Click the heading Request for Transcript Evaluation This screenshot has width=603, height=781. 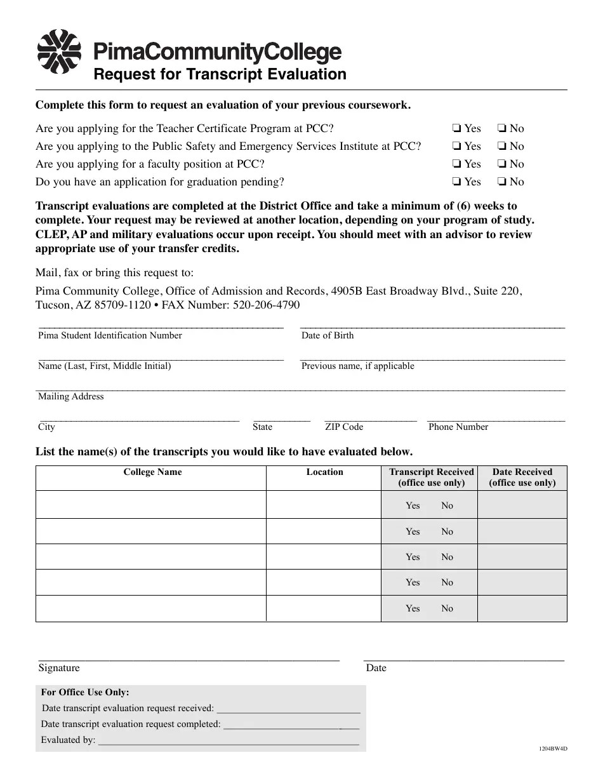(220, 74)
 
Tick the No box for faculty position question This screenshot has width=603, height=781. (501, 164)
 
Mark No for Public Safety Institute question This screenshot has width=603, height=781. (501, 146)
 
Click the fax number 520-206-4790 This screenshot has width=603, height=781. (267, 305)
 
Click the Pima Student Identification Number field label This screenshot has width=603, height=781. (110, 335)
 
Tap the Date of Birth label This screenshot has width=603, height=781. (328, 335)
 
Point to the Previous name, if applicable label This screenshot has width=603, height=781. (357, 366)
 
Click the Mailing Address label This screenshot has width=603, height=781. (70, 396)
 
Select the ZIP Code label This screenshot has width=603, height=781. (344, 427)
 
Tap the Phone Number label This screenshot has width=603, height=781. (458, 427)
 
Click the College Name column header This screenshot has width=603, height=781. (152, 472)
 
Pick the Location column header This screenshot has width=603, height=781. (324, 472)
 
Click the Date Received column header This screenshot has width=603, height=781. (522, 477)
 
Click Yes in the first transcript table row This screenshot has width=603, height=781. (413, 505)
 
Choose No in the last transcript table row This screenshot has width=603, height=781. (447, 608)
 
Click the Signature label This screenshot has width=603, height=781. (59, 668)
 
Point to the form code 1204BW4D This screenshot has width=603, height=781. (553, 749)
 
